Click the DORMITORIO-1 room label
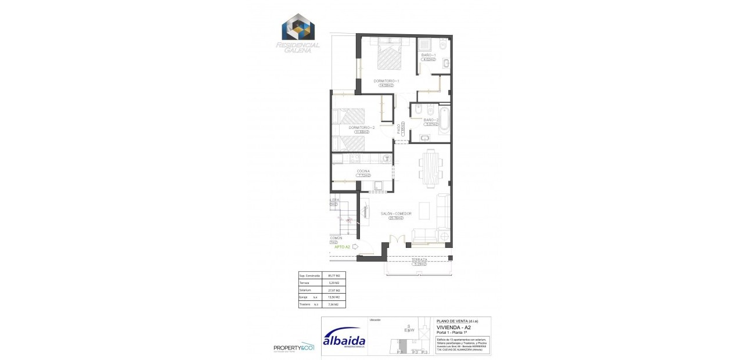[386, 81]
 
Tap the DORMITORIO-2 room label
[362, 127]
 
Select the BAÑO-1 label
[428, 55]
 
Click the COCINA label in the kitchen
[363, 171]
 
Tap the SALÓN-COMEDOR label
[396, 214]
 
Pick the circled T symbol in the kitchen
[387, 157]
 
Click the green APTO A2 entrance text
[341, 247]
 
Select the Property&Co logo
[294, 347]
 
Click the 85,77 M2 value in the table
[333, 275]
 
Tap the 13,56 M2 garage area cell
[333, 297]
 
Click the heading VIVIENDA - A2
[455, 327]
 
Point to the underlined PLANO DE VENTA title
[456, 321]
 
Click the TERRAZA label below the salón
[419, 260]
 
